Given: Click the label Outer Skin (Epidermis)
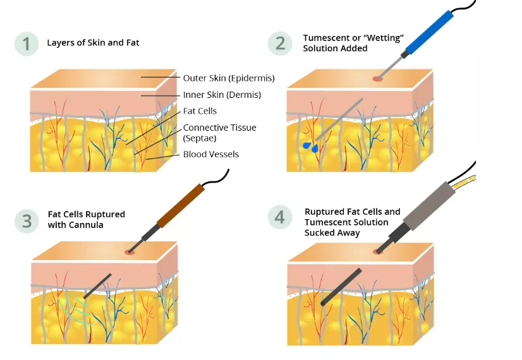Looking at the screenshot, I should pos(228,78).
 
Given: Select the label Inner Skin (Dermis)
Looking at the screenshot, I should pos(222,95).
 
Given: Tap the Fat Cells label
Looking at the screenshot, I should pos(200,111).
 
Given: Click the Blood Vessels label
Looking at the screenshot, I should pos(211,154).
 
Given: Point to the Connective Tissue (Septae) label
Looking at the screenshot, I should pos(219,133).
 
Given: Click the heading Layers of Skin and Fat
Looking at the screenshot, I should pos(93,43).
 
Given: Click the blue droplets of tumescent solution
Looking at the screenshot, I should pos(310,147).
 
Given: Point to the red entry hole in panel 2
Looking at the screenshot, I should pos(377,78).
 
